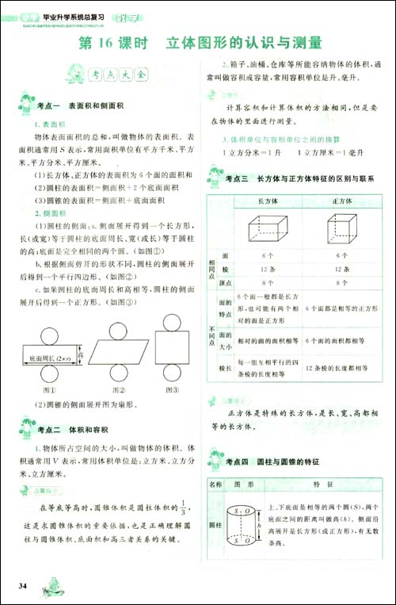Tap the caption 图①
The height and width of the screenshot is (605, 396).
click(x=54, y=390)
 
